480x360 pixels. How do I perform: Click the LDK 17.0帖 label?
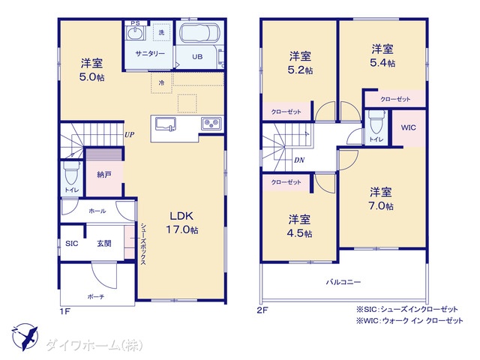[x=181, y=223]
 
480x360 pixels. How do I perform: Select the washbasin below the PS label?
[x=134, y=33]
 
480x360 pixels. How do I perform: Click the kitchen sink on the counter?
[x=166, y=124]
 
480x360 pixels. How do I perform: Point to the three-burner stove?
[x=211, y=123]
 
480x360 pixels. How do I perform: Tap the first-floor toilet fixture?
[x=71, y=173]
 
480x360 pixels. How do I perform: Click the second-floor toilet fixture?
[x=376, y=122]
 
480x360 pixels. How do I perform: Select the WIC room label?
[x=408, y=127]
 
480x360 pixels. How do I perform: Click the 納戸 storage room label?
[x=104, y=175]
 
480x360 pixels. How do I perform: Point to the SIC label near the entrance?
[x=72, y=244]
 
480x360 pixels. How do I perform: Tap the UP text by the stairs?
[x=129, y=134]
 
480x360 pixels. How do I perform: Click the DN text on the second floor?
[x=299, y=160]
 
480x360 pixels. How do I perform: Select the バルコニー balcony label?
[x=343, y=282]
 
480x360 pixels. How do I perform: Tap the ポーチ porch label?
[x=96, y=297]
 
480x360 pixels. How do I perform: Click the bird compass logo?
[x=25, y=337]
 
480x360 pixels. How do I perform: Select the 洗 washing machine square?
[x=161, y=32]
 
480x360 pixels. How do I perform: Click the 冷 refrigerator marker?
[x=162, y=82]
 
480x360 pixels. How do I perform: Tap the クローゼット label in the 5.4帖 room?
[x=395, y=99]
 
